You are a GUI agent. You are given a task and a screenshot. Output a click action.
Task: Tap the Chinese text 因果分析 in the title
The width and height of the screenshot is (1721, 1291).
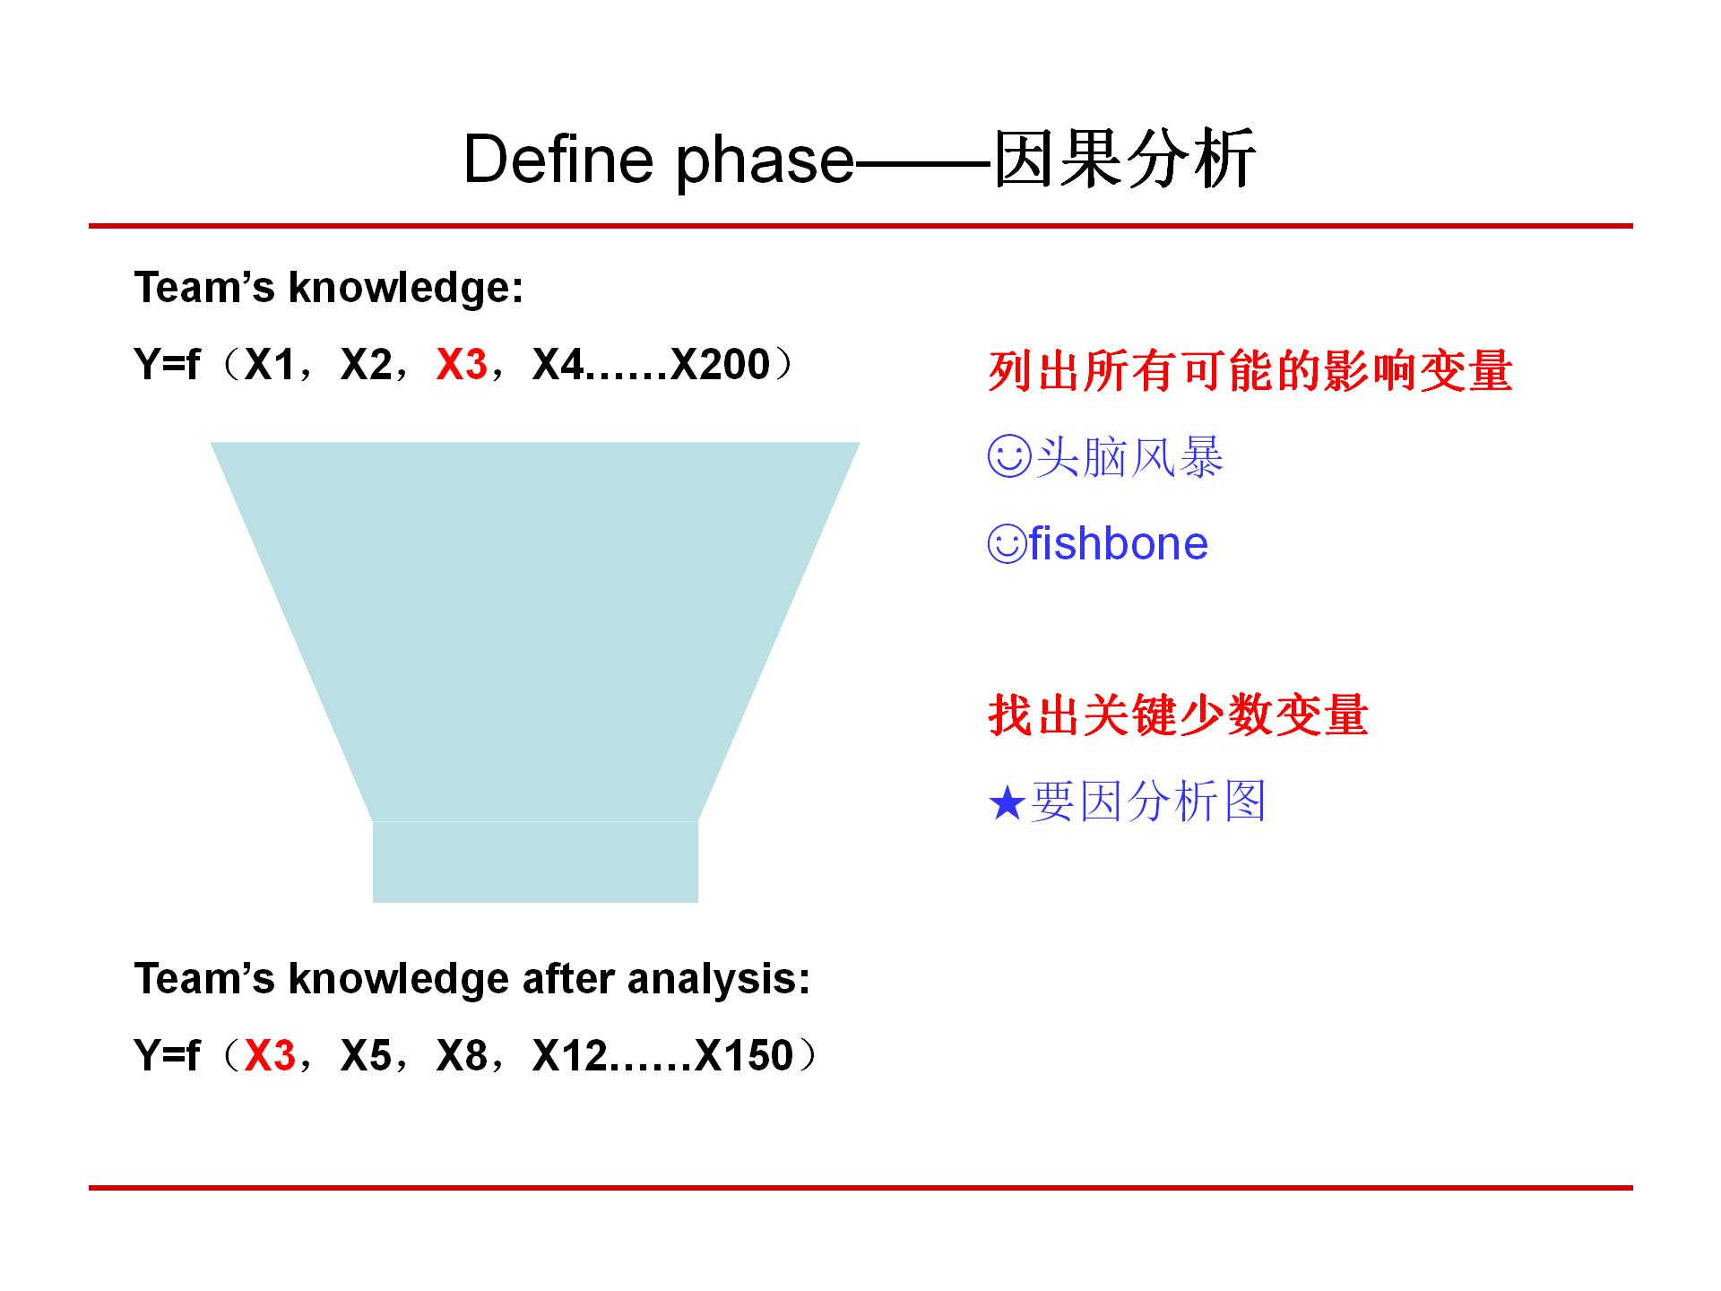tap(1125, 160)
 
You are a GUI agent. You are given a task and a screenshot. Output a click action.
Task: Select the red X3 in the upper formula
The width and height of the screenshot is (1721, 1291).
tap(462, 365)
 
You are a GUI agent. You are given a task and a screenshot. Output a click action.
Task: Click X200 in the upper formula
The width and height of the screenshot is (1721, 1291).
tap(720, 365)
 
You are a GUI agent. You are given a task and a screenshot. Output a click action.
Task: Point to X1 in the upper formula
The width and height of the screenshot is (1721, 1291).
tap(270, 365)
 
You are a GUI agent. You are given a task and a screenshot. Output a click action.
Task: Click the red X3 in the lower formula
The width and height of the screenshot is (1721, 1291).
tap(270, 1055)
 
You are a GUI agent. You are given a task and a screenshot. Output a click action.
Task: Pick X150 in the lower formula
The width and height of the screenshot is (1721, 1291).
tap(744, 1055)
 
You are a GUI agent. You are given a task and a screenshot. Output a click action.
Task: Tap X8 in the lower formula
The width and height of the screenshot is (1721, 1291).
tap(462, 1055)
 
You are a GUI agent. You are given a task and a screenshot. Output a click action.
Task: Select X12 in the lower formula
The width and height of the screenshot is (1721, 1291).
tap(570, 1055)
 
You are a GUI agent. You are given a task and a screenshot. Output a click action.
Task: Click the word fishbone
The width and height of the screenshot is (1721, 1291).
tap(1118, 544)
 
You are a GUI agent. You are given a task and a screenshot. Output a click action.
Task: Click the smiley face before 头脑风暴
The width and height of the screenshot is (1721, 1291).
tap(1009, 457)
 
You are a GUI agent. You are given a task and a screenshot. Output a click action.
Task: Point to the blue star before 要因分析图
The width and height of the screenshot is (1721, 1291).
tap(1007, 803)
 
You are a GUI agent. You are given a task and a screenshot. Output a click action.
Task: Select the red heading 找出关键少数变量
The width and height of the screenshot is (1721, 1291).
tap(1178, 715)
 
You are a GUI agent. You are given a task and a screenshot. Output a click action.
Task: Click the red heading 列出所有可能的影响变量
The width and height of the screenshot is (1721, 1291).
tap(1250, 370)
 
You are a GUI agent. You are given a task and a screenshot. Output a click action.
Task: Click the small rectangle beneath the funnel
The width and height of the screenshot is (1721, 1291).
tap(535, 862)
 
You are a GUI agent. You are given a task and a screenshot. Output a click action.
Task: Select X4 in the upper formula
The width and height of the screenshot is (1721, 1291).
tap(558, 365)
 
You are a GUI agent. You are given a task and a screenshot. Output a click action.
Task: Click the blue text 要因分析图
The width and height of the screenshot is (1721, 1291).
tap(1148, 801)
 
